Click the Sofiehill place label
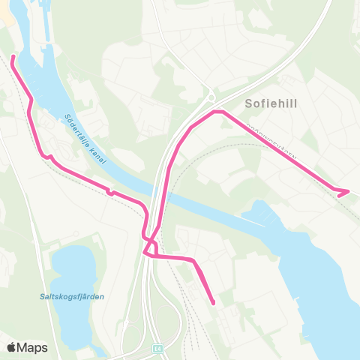[271, 104]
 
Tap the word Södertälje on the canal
[77, 127]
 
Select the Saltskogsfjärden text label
[72, 296]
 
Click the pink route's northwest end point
[13, 57]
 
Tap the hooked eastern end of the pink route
[347, 191]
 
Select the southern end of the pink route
[213, 303]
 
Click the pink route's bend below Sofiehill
[218, 112]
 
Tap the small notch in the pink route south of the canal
[110, 192]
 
